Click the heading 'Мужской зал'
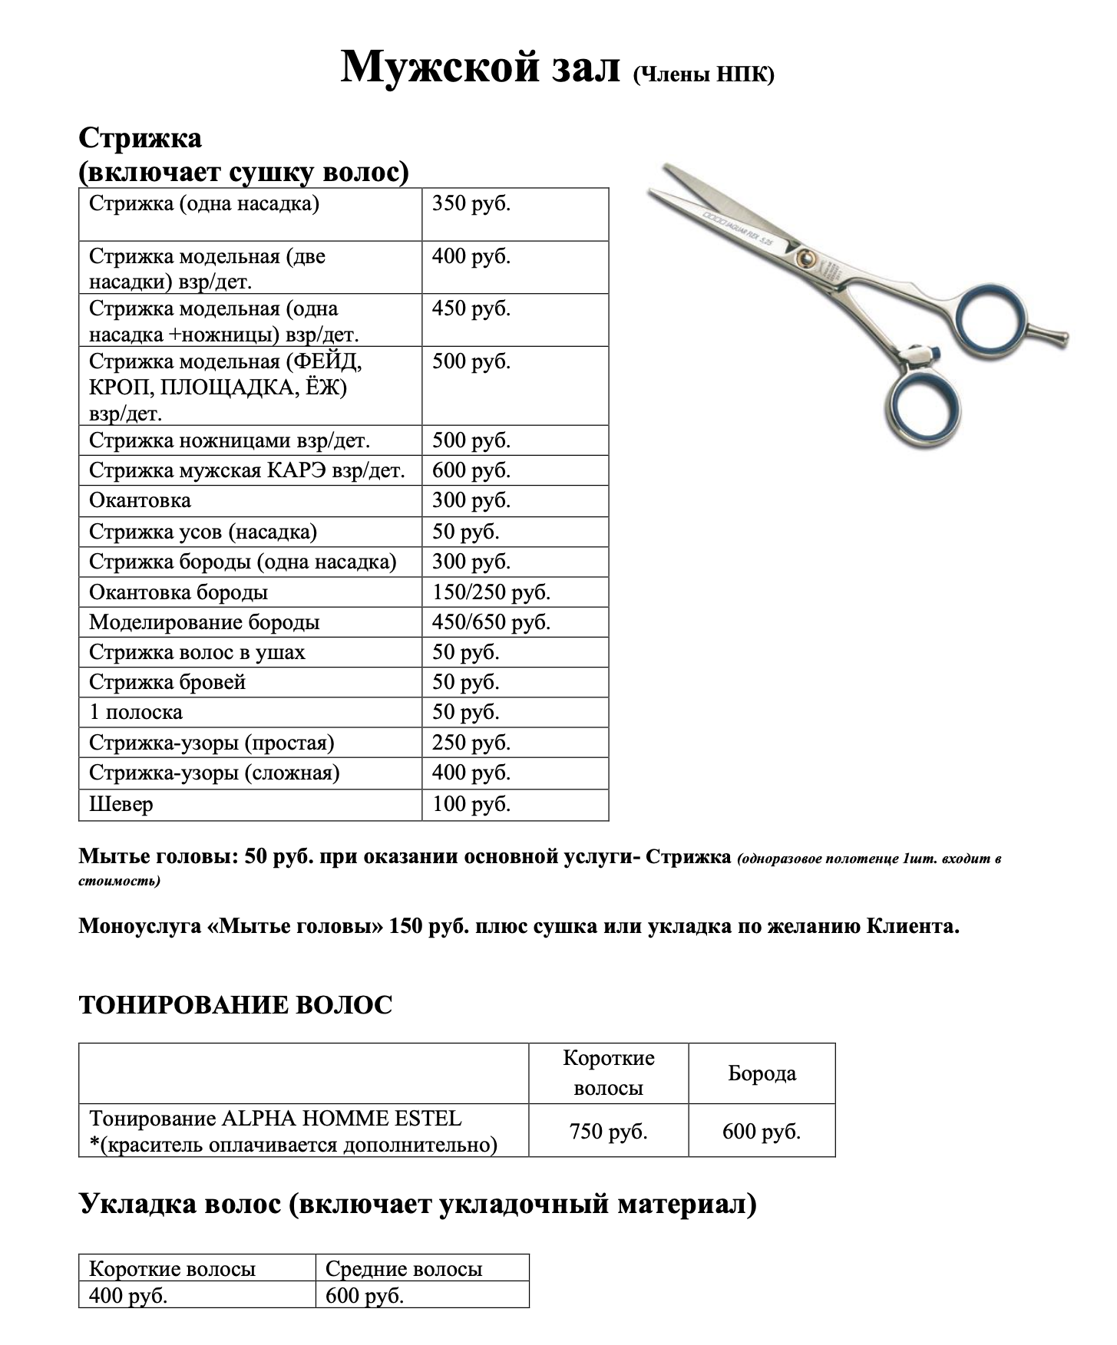(480, 68)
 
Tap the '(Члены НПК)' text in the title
(703, 74)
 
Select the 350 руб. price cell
(471, 204)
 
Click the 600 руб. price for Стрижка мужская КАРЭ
(471, 470)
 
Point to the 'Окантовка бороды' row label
(178, 592)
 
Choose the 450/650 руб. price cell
(491, 622)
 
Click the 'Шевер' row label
(121, 804)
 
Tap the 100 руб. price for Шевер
(471, 804)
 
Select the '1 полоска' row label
(135, 712)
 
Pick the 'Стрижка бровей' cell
(167, 682)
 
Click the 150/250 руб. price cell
(491, 592)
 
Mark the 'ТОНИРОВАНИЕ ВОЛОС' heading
(235, 1005)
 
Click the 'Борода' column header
(762, 1073)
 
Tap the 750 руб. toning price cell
(608, 1131)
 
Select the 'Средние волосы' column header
(404, 1269)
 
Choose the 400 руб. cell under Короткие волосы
(128, 1296)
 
